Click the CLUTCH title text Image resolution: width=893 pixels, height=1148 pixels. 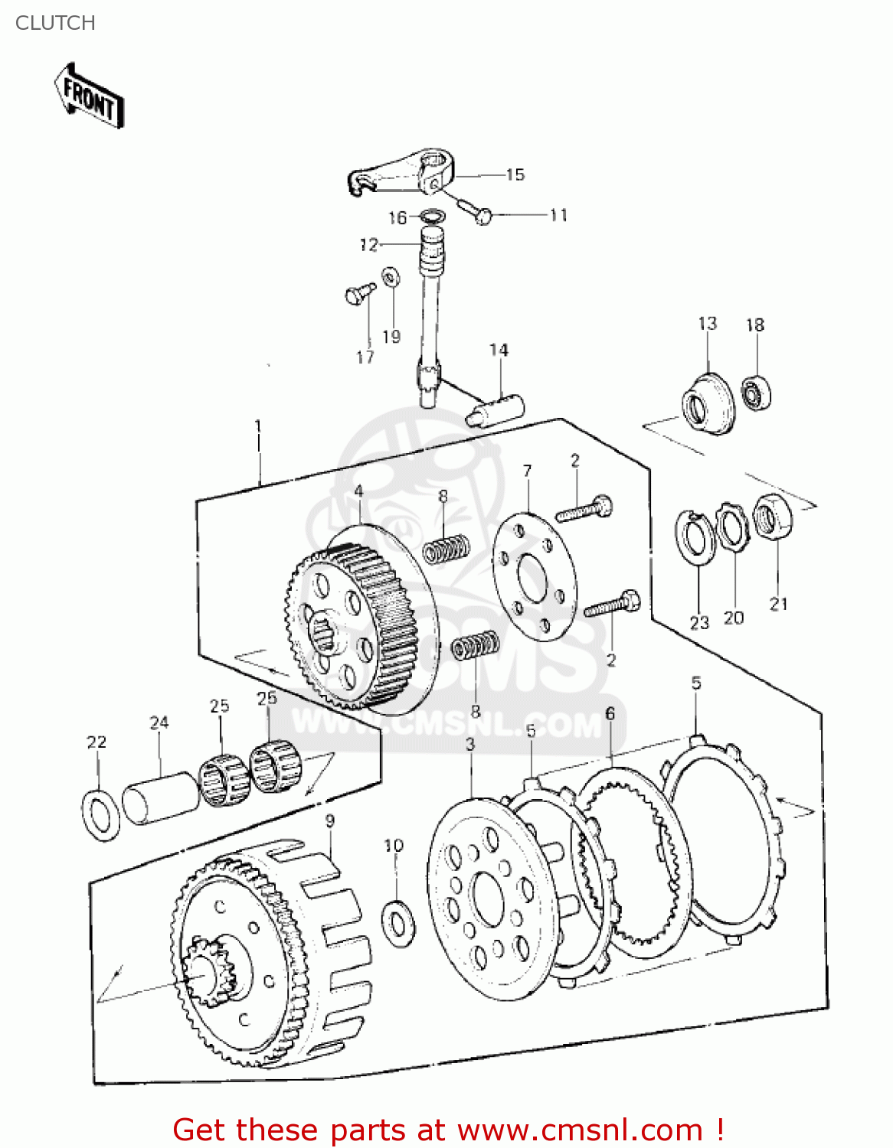55,23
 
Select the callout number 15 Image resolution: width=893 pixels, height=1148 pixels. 515,174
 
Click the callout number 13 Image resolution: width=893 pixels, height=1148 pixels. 707,324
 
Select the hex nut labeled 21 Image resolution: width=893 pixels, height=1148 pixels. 773,517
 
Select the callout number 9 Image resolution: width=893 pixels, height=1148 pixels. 329,821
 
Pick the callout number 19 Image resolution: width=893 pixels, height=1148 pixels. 391,337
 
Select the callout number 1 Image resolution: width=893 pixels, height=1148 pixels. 258,426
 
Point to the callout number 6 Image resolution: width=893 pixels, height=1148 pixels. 610,713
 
